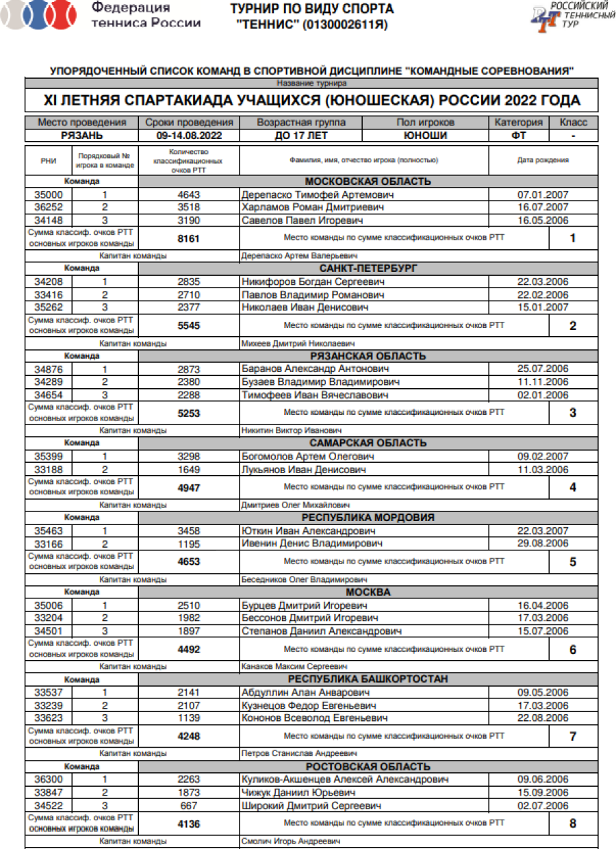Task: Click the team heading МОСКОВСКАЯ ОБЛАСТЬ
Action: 368,181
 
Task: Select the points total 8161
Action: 189,239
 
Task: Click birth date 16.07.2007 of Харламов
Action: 543,207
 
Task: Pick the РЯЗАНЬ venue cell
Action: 82,136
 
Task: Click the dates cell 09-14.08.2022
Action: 190,136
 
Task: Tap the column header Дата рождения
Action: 543,160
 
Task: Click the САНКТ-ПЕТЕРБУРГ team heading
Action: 368,268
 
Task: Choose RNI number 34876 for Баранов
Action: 49,369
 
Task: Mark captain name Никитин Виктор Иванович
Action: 291,431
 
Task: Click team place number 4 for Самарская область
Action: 573,487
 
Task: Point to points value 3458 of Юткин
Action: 189,531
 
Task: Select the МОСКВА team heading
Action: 368,592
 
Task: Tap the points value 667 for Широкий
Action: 189,805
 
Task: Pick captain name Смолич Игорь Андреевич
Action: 290,841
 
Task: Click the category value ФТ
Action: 519,136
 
